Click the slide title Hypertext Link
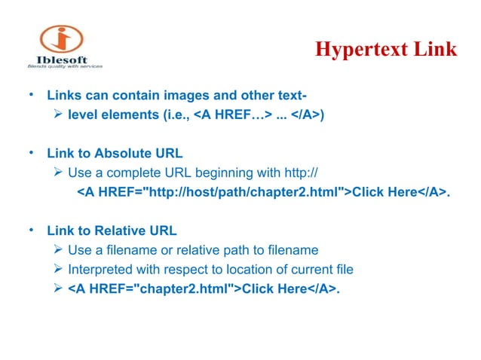coord(385,50)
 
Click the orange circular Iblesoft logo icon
coord(62,38)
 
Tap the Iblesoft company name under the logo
coord(61,60)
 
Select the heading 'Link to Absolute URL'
coord(115,154)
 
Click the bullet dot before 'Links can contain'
coord(30,96)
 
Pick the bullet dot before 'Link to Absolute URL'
coord(30,153)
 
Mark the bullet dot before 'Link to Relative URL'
coord(30,230)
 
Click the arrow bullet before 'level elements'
coord(58,115)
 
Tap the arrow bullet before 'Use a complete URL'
coord(58,172)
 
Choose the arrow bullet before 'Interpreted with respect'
coord(58,269)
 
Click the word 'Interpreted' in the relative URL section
coord(100,269)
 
